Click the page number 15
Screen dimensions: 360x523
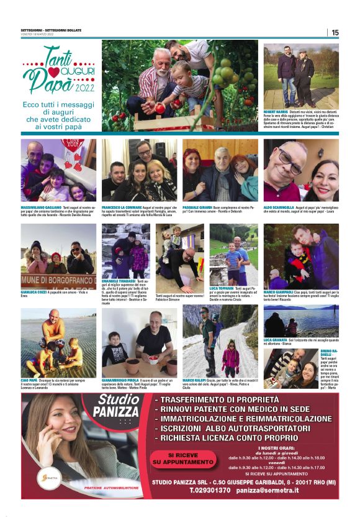click(335, 32)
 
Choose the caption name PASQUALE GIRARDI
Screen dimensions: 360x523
click(198, 206)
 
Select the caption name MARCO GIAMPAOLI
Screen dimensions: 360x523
click(279, 292)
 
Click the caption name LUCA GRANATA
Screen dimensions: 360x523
click(276, 340)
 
